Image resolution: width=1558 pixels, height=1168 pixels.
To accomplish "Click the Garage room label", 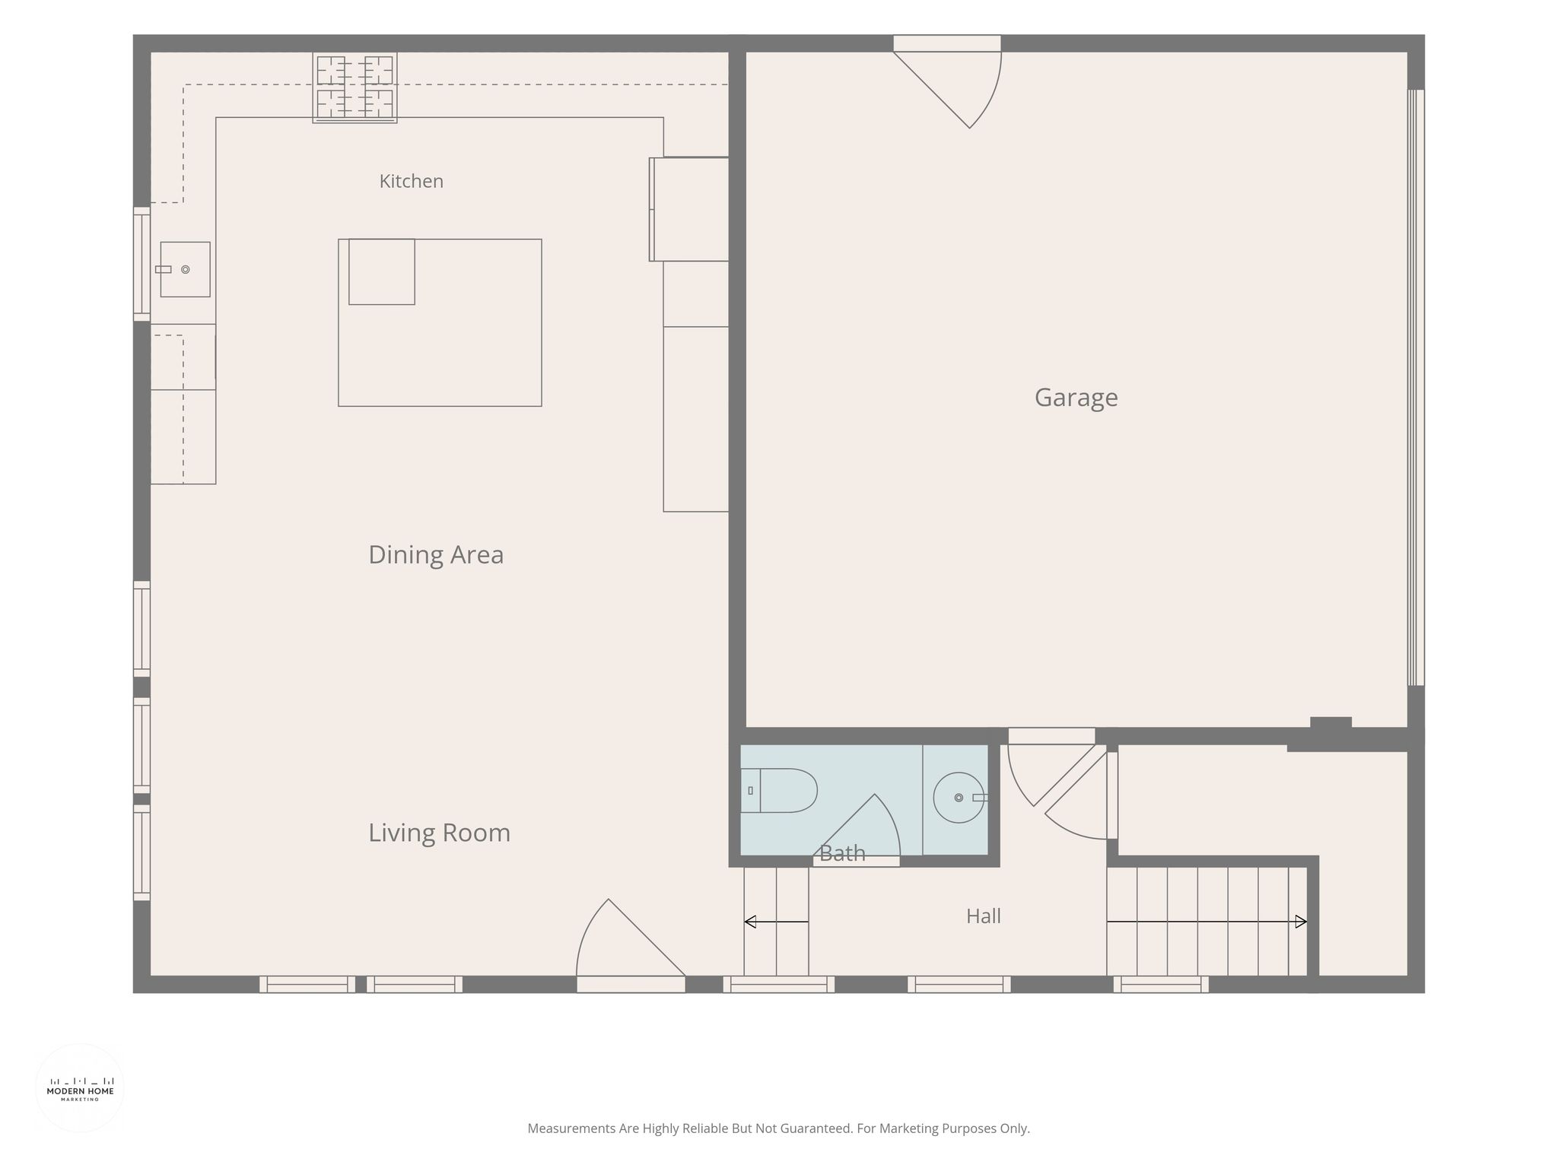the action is tap(1076, 398).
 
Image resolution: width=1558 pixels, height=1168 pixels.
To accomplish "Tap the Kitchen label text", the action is tap(411, 181).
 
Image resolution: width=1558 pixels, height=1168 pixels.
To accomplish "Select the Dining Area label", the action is tap(436, 554).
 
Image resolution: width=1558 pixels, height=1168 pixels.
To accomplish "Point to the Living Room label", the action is tap(439, 833).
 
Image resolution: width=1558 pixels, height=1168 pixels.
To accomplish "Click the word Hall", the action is tap(983, 916).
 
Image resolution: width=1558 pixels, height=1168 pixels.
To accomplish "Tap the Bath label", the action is tap(842, 854).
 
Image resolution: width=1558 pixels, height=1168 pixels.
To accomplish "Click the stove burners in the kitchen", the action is tap(355, 87).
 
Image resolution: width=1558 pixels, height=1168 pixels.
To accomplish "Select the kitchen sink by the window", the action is tap(185, 269).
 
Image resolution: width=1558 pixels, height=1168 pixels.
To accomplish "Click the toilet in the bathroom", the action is tap(779, 791).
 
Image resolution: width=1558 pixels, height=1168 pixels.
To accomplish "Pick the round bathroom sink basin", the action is tap(959, 798).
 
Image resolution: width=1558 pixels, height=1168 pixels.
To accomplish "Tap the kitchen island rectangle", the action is tap(440, 322).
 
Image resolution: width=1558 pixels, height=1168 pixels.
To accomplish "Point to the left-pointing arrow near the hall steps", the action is tap(776, 922).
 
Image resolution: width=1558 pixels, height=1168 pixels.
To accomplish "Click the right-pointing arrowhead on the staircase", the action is tap(1301, 922).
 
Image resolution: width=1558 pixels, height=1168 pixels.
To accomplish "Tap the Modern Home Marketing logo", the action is tap(80, 1088).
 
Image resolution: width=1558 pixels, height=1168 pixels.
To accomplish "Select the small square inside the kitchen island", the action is tap(382, 271).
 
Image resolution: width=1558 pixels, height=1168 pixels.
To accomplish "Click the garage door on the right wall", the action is tap(1416, 388).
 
